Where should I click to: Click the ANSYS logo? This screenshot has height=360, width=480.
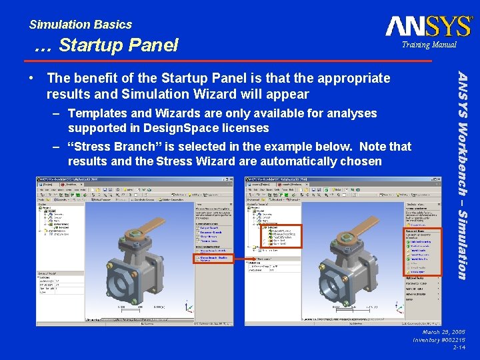pyautogui.click(x=429, y=27)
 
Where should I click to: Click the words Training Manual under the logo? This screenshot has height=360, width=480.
pyautogui.click(x=429, y=45)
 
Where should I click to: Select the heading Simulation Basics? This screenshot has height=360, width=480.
pyautogui.click(x=81, y=25)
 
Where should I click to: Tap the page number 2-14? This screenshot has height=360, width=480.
pyautogui.click(x=459, y=347)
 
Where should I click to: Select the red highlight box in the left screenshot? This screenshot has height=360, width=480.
pyautogui.click(x=212, y=259)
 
